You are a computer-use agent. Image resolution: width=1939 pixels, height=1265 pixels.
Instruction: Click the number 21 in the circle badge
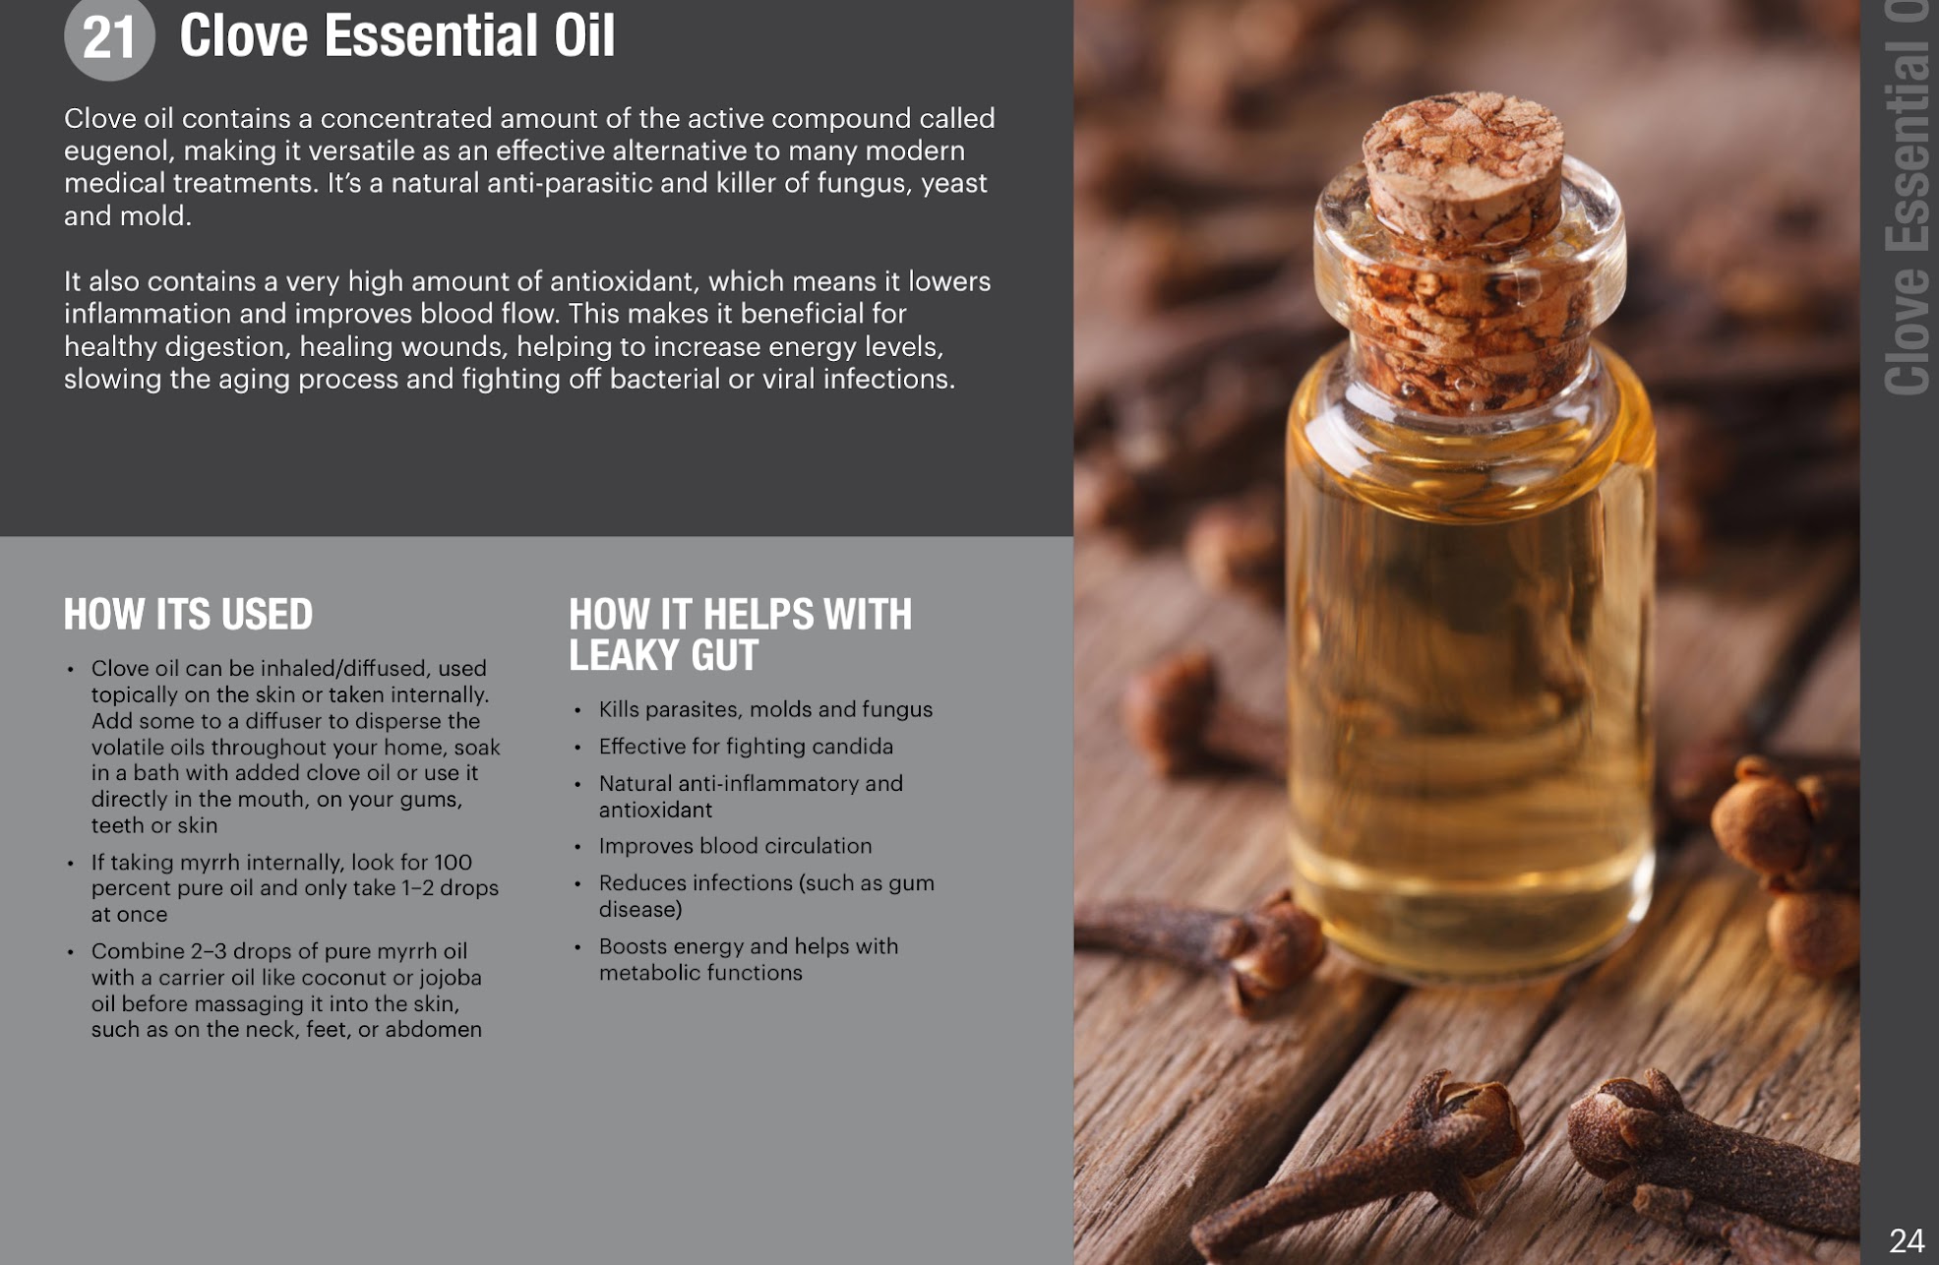click(x=109, y=37)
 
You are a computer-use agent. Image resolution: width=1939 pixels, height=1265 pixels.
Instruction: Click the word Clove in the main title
click(x=244, y=35)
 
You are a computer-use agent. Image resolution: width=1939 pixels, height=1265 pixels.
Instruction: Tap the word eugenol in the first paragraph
click(x=119, y=151)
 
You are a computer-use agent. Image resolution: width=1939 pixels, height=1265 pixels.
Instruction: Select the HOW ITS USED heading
click(x=188, y=615)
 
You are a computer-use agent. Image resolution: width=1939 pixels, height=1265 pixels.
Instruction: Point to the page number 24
click(x=1907, y=1240)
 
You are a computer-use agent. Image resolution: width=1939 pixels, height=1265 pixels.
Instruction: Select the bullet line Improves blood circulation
click(x=735, y=846)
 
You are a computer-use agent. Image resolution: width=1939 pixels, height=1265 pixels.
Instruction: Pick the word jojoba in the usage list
click(x=451, y=978)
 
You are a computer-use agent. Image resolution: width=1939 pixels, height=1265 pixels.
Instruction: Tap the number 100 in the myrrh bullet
click(x=453, y=862)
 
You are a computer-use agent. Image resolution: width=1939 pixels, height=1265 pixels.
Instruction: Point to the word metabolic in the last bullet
click(x=647, y=973)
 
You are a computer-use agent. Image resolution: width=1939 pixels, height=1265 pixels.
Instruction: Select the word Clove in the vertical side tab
click(x=1907, y=331)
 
